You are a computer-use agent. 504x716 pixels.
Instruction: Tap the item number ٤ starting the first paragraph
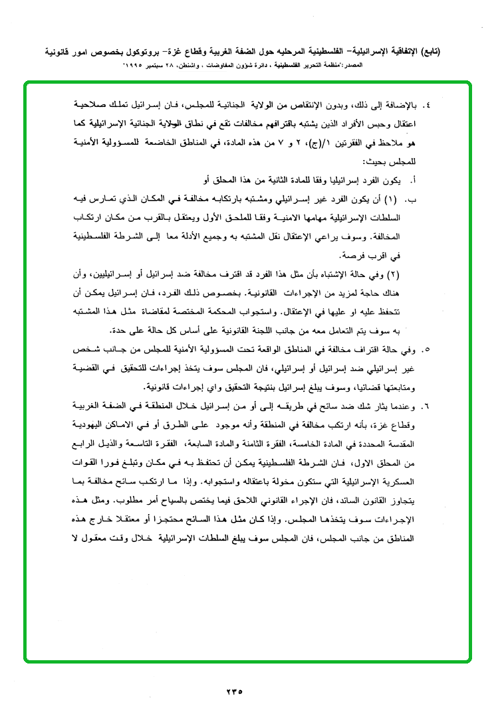coord(427,105)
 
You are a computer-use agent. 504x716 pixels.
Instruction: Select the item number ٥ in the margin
coord(426,348)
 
